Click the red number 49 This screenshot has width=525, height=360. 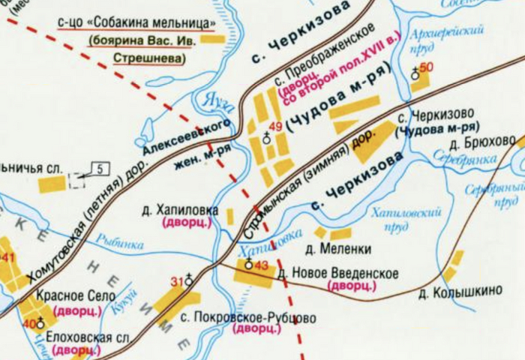(x=275, y=127)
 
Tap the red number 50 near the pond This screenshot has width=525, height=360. (x=427, y=67)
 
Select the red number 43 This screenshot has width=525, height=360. (x=261, y=265)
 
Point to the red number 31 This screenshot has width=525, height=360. (x=178, y=282)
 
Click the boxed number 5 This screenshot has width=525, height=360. (x=102, y=168)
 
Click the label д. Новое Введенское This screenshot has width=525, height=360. (x=338, y=274)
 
